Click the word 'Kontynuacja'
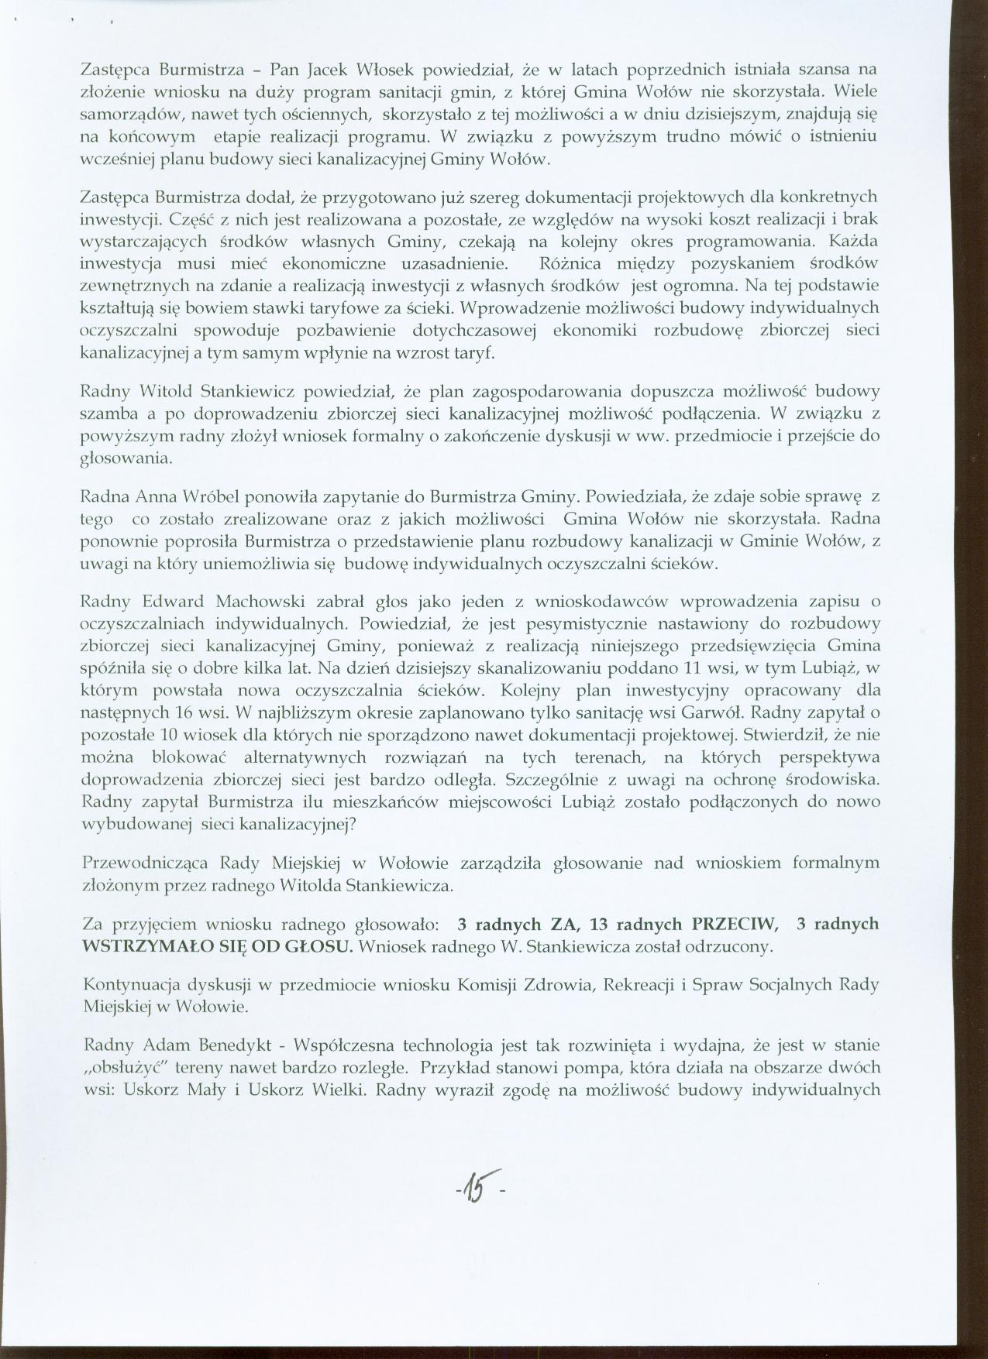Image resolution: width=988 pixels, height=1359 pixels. tap(129, 986)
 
